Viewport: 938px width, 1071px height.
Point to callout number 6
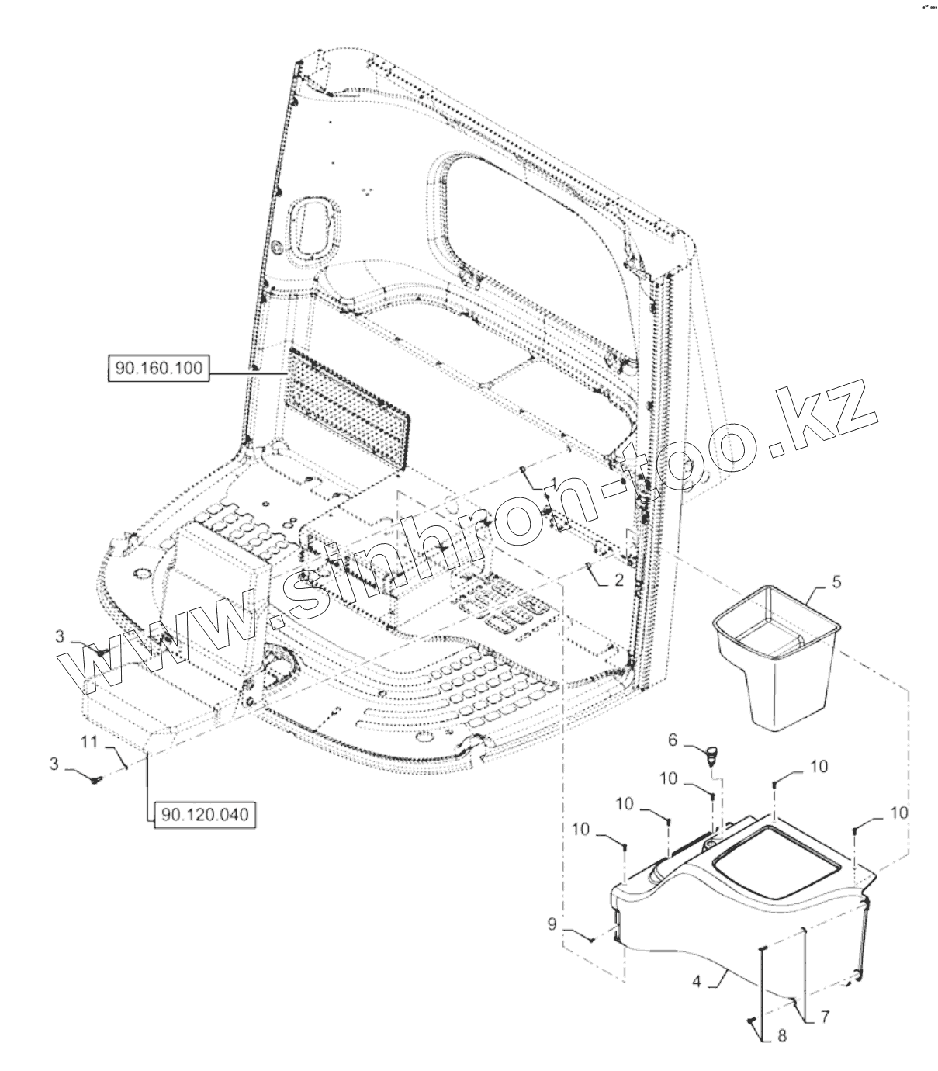pyautogui.click(x=673, y=741)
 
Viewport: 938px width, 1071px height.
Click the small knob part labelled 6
pyautogui.click(x=711, y=754)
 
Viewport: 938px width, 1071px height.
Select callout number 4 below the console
pyautogui.click(x=696, y=981)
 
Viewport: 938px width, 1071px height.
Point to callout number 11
pyautogui.click(x=89, y=742)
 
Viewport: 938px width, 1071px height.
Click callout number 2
pyautogui.click(x=618, y=579)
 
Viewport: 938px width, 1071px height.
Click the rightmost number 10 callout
pyautogui.click(x=897, y=813)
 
